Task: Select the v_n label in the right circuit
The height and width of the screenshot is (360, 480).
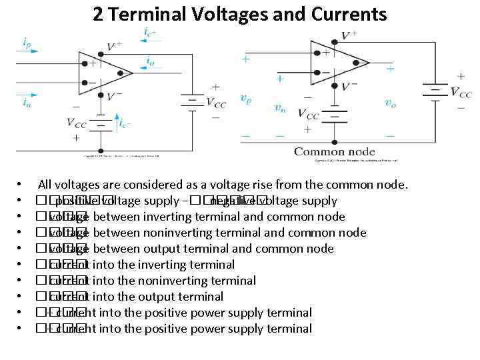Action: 281,107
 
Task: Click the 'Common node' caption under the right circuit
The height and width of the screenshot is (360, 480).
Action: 334,151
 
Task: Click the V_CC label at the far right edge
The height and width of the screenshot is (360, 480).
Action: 461,93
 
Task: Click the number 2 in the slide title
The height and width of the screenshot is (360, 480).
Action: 98,15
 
